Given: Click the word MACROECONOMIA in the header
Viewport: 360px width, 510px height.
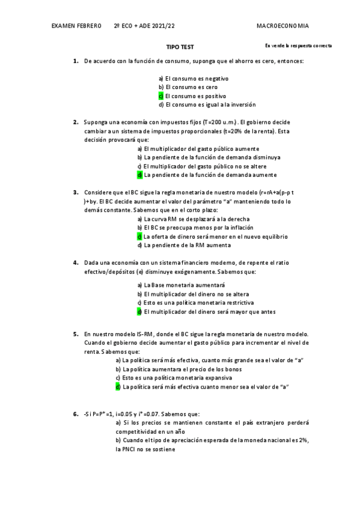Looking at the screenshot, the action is (282, 26).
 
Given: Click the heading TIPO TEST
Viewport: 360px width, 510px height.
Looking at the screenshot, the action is (180, 46).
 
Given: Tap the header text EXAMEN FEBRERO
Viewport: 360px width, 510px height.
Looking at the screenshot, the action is (76, 26).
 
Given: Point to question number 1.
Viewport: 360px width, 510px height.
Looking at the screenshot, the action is (76, 61).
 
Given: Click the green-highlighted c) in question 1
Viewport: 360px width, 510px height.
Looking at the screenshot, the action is (161, 96).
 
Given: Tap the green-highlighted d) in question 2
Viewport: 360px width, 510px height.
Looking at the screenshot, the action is (139, 175).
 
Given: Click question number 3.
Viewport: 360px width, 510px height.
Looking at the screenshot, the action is (76, 193).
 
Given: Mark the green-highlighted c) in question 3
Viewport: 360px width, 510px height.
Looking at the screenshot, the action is (139, 236).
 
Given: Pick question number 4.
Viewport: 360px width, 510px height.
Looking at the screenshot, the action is (76, 263).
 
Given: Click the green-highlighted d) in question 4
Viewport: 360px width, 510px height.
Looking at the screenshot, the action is (139, 312).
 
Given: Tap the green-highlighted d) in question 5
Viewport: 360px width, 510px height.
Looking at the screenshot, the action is (118, 387).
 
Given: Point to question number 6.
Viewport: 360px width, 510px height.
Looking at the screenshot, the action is (76, 414).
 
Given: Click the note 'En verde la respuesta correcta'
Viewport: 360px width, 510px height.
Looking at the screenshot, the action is (298, 46).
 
